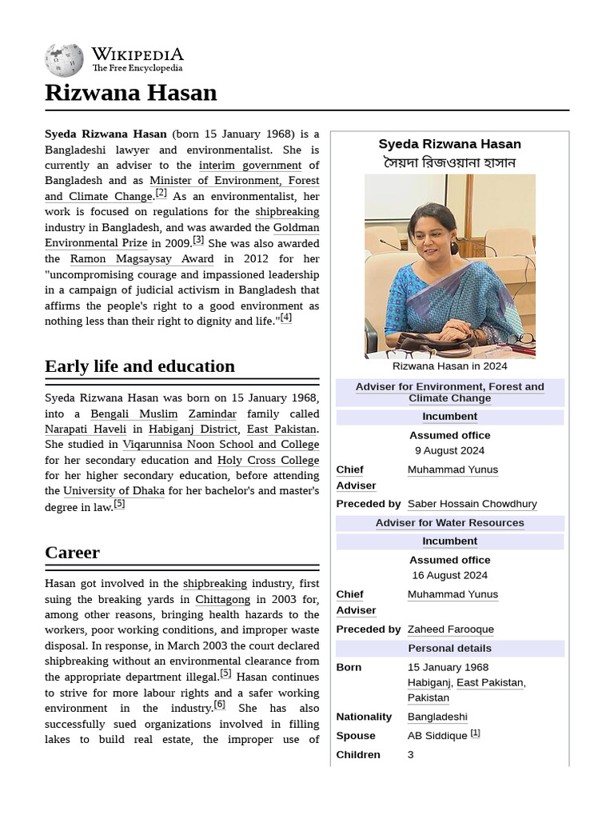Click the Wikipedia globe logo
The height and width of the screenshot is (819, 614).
pyautogui.click(x=64, y=60)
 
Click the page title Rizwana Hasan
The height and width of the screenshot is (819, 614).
pyautogui.click(x=130, y=93)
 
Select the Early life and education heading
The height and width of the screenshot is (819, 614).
pyautogui.click(x=140, y=366)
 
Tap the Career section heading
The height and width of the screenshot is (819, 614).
pyautogui.click(x=72, y=553)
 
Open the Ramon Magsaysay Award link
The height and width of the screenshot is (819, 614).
pyautogui.click(x=142, y=258)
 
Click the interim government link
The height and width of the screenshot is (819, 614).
pyautogui.click(x=249, y=165)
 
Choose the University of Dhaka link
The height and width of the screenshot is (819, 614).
pyautogui.click(x=114, y=490)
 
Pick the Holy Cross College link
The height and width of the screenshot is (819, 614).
pyautogui.click(x=268, y=460)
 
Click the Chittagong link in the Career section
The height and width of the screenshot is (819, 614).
pyautogui.click(x=222, y=599)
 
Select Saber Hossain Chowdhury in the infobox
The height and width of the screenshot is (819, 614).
pyautogui.click(x=472, y=504)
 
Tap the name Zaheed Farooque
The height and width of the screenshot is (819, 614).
pyautogui.click(x=450, y=629)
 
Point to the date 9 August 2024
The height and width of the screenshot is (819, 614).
pyautogui.click(x=449, y=450)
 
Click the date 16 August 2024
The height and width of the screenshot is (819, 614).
pyautogui.click(x=449, y=575)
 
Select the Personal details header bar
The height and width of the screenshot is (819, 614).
pyautogui.click(x=449, y=648)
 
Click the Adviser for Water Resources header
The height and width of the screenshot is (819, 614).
pyautogui.click(x=449, y=523)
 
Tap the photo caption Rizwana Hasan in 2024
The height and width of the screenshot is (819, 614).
pyautogui.click(x=449, y=366)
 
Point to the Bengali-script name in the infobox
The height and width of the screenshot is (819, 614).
pyautogui.click(x=449, y=163)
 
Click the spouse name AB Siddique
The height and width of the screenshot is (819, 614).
pyautogui.click(x=437, y=735)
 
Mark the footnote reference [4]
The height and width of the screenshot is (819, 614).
pyautogui.click(x=285, y=318)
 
